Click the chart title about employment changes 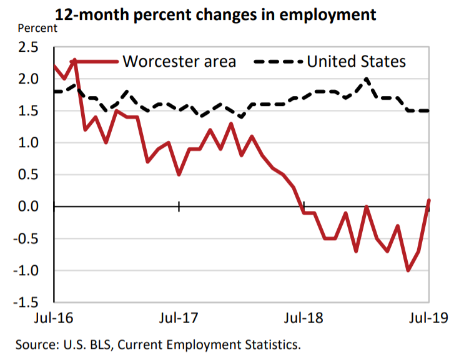tap(216, 14)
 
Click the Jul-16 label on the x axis tap(52, 318)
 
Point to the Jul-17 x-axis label tap(179, 318)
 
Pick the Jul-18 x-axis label tap(304, 318)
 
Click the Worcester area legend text tap(179, 61)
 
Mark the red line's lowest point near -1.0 tap(408, 270)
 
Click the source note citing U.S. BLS tap(159, 344)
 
